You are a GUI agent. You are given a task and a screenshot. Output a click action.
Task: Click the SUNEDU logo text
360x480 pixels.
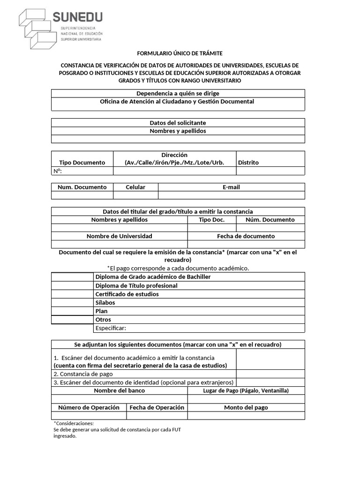[x=77, y=18]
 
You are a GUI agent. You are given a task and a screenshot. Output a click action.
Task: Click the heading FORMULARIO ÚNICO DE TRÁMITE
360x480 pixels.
[x=180, y=53]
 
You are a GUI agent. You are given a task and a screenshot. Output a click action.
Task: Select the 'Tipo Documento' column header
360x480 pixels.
[x=82, y=162]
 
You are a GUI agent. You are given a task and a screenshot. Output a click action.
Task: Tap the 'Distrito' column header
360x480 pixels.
[x=248, y=162]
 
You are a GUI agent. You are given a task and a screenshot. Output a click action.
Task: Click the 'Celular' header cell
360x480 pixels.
[x=135, y=187]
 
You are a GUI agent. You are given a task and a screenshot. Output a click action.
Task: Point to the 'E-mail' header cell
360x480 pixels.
[x=231, y=187]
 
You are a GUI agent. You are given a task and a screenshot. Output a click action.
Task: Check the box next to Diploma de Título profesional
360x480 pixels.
[x=73, y=285]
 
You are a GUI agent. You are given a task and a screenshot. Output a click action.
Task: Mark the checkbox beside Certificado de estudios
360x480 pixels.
[x=73, y=294]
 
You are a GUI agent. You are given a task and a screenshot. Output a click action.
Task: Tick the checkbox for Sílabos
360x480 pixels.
[x=73, y=302]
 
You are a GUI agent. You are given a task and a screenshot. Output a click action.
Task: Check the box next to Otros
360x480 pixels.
[x=73, y=320]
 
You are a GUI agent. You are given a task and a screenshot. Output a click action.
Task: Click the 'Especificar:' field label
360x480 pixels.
[x=111, y=328]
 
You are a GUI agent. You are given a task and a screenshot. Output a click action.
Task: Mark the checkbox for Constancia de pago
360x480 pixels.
[x=270, y=374]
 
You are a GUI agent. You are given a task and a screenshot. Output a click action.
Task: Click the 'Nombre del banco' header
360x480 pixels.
[x=120, y=390]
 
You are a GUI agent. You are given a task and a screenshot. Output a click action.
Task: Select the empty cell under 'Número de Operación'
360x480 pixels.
[x=89, y=416]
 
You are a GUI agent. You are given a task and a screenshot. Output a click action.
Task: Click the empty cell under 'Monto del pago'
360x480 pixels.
[x=246, y=416]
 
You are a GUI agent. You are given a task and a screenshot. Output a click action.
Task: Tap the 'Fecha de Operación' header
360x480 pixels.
[x=157, y=407]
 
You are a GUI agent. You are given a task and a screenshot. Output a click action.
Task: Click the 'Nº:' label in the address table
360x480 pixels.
[x=58, y=171]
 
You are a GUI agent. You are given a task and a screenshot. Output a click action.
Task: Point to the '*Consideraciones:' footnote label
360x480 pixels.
[x=74, y=423]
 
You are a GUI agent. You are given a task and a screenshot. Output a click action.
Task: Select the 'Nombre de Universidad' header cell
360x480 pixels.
[x=120, y=236]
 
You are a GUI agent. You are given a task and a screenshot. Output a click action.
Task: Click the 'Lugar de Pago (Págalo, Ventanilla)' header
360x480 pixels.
[x=246, y=390]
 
